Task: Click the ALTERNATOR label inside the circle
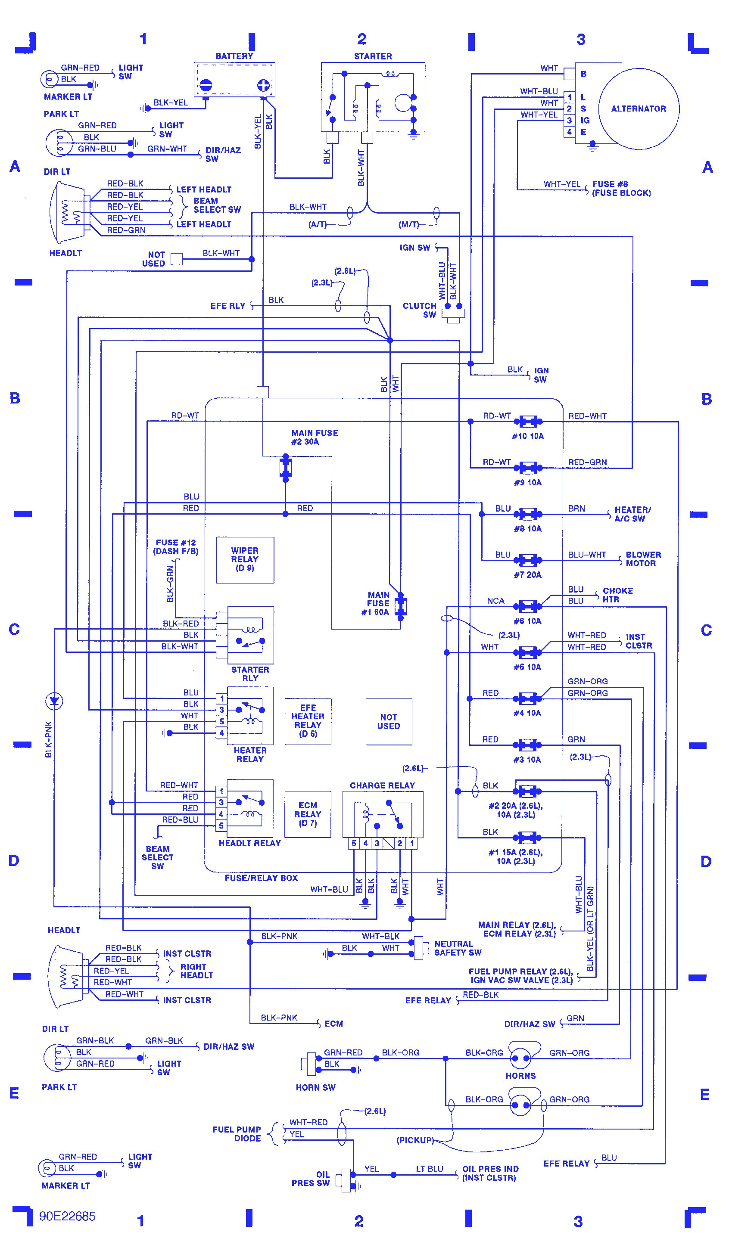pos(638,109)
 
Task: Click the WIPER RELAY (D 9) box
pos(245,559)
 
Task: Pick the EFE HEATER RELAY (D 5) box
pos(308,721)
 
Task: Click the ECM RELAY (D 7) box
pos(307,814)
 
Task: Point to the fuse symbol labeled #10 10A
pos(528,422)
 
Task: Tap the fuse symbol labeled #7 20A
pos(528,560)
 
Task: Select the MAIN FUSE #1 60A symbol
pos(400,606)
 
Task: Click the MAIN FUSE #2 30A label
pos(314,437)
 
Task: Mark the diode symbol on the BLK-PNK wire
pos(53,701)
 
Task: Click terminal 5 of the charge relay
pos(354,844)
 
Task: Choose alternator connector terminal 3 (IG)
pos(569,121)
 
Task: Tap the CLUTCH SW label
pos(419,310)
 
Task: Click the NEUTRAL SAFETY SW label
pos(457,948)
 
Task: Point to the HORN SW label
pos(315,1087)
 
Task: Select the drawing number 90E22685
pos(67,1216)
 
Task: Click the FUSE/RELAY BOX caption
pos(261,878)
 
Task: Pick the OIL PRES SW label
pos(310,1179)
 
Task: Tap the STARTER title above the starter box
pos(372,56)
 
